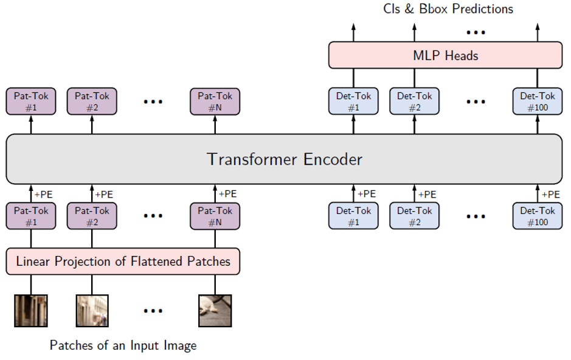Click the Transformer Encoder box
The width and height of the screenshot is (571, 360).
(x=284, y=159)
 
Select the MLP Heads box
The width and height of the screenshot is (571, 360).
(x=445, y=55)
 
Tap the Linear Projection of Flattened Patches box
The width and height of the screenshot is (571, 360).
(x=123, y=261)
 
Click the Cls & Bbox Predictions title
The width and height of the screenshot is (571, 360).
(x=448, y=9)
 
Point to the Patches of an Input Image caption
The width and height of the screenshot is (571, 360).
(x=123, y=345)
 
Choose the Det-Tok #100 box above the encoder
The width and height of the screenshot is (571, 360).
(x=538, y=101)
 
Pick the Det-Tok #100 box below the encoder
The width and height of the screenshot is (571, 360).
(x=538, y=216)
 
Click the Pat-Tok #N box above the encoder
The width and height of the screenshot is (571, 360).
(x=215, y=101)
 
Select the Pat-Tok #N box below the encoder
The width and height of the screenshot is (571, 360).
(x=215, y=216)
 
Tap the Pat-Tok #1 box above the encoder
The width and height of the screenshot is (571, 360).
(x=31, y=101)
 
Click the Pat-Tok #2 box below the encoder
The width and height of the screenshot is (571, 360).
(x=92, y=216)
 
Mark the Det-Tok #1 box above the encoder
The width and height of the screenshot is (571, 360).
(x=353, y=101)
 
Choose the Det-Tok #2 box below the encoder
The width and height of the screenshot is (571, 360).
(x=414, y=216)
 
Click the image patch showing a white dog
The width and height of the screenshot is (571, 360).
(x=215, y=311)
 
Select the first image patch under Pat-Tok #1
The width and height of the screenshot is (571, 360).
(x=31, y=311)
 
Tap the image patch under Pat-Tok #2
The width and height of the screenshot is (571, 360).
(x=92, y=311)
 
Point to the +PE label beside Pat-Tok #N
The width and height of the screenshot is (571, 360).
(x=227, y=194)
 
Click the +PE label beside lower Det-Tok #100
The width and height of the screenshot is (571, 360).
(x=550, y=195)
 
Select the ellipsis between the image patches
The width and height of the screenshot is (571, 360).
(x=153, y=311)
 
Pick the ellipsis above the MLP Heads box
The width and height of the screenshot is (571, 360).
(x=476, y=32)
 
